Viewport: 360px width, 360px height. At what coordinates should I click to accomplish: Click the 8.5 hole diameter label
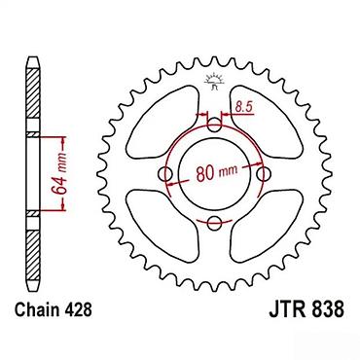(243, 107)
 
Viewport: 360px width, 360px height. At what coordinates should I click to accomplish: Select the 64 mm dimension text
(60, 173)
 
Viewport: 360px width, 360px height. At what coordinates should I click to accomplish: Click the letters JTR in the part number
(285, 309)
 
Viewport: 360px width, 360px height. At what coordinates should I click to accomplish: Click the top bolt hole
(214, 126)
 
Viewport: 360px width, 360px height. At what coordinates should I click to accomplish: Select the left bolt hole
(165, 174)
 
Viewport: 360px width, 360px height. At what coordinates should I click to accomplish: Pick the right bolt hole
(264, 174)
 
